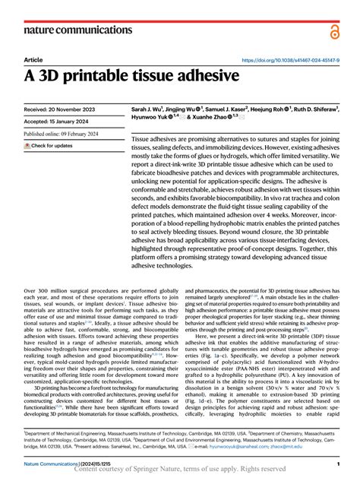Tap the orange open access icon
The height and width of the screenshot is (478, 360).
click(334, 30)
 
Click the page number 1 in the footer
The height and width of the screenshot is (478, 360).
click(336, 463)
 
